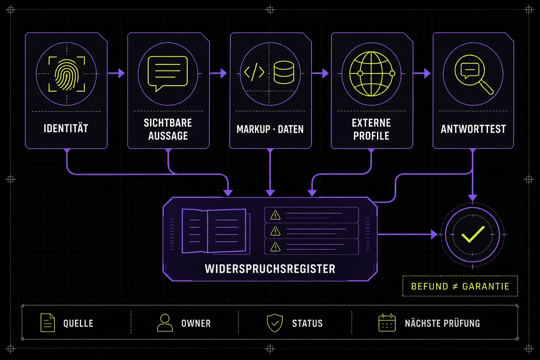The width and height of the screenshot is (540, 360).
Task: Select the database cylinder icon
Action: [x=284, y=72]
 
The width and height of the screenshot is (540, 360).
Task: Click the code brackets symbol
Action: [x=254, y=72]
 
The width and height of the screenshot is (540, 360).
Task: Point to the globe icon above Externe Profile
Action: [x=372, y=74]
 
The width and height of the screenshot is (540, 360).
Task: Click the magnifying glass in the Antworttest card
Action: [x=474, y=74]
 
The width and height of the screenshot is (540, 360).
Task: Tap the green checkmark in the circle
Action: [x=473, y=234]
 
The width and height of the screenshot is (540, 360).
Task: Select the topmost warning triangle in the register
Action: [x=275, y=215]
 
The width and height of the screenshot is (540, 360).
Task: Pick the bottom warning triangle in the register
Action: [x=275, y=247]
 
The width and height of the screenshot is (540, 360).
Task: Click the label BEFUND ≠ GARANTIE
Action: [x=460, y=286]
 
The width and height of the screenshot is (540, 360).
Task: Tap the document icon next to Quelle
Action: [x=47, y=323]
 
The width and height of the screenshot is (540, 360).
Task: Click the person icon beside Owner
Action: [x=165, y=323]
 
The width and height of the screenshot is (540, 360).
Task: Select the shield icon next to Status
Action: [x=275, y=323]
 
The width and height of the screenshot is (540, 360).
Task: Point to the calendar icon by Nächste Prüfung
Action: [x=387, y=323]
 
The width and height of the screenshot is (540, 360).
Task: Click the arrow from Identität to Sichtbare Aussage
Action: [x=116, y=73]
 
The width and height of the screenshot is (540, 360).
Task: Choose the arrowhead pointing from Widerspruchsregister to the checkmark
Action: [x=434, y=234]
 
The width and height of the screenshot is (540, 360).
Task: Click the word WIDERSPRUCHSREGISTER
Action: [x=270, y=269]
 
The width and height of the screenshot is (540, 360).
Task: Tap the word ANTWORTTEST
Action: [x=473, y=129]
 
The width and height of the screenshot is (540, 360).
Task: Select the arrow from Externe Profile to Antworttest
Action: [x=422, y=73]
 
